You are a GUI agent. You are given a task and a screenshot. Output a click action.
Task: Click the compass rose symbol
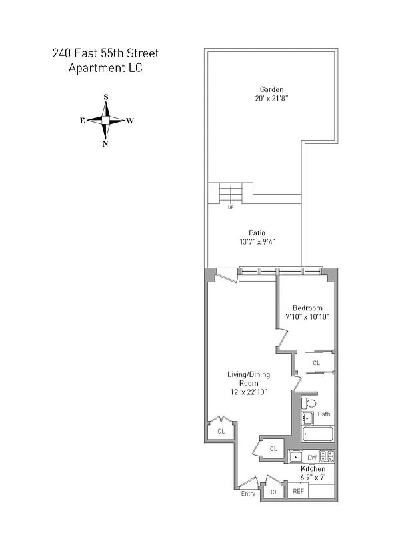tap(105, 121)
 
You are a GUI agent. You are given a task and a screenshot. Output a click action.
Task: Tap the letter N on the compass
tap(105, 144)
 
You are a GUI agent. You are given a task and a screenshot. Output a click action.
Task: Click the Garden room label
tap(272, 89)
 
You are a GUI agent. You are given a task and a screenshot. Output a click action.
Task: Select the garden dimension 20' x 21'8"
tap(272, 99)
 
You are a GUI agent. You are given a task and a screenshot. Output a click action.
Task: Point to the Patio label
tap(257, 233)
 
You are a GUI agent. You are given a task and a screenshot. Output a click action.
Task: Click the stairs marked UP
tap(231, 194)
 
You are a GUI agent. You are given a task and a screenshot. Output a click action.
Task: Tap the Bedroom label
tap(307, 308)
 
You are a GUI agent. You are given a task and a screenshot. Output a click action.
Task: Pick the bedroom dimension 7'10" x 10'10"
tap(307, 317)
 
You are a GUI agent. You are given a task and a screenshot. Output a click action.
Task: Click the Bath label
tap(323, 414)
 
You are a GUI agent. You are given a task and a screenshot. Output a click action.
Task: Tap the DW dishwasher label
tap(312, 458)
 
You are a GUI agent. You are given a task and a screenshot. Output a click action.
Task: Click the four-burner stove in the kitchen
tap(327, 457)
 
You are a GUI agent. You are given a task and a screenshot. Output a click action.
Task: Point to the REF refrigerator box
tap(298, 492)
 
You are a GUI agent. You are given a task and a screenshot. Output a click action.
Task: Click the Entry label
tap(248, 494)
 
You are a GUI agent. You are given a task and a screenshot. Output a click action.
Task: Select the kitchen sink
tap(295, 457)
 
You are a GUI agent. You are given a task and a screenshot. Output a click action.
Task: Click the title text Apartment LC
tap(105, 68)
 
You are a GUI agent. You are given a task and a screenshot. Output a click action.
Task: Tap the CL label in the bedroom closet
tap(317, 363)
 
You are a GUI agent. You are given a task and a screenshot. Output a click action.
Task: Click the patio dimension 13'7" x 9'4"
tap(257, 242)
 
